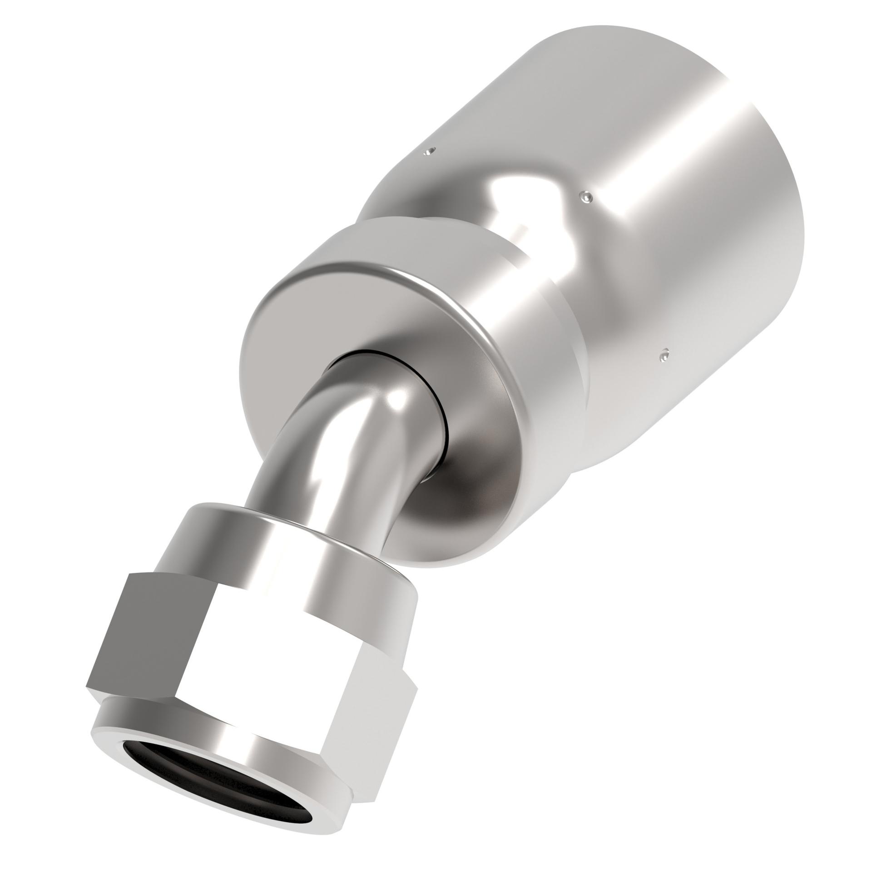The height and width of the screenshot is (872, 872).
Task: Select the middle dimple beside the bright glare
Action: tap(586, 196)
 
